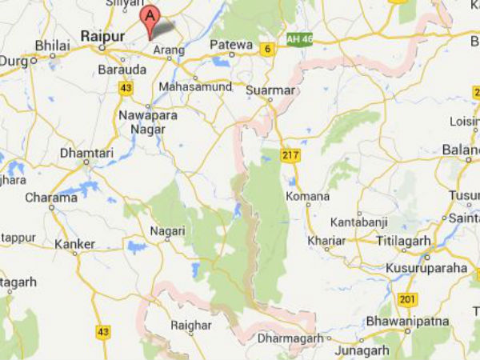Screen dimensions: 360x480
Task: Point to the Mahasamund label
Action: [x=189, y=86]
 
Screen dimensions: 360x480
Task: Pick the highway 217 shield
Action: [x=290, y=154]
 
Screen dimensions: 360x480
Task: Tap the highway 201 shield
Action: [x=408, y=299]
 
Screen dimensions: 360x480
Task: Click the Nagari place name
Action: [x=167, y=230]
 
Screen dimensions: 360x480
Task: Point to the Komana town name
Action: [x=307, y=196]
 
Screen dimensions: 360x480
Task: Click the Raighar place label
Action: [x=192, y=326]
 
